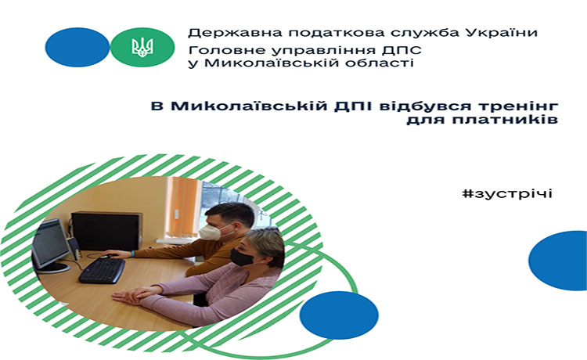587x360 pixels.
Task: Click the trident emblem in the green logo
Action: coord(142,47)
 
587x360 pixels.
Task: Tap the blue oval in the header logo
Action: coord(77,47)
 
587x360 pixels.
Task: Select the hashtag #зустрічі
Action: coord(507,194)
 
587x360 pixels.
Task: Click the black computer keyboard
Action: coord(102,270)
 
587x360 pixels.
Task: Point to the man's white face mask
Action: coord(210,232)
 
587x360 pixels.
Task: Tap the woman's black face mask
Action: coord(243,257)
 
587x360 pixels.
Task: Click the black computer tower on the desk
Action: coord(107,231)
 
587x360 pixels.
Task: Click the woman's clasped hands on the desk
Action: coord(135,294)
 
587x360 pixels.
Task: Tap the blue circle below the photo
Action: coord(339,315)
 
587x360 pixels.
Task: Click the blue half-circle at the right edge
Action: coord(559,261)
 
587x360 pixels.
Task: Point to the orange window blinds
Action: coord(183,207)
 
